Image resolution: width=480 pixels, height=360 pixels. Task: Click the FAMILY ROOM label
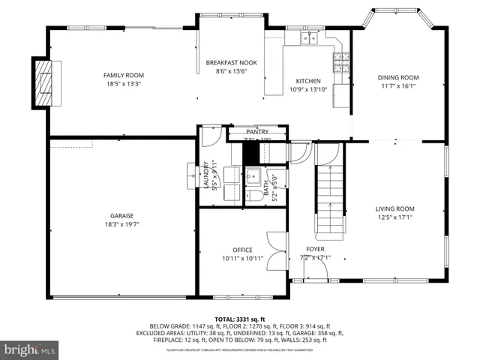click(x=123, y=75)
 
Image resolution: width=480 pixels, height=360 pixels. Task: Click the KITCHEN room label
click(x=307, y=81)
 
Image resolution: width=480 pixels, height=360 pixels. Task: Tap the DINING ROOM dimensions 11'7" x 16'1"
click(x=398, y=85)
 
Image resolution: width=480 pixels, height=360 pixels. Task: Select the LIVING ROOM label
click(x=394, y=209)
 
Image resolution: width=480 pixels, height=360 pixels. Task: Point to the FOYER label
click(x=315, y=250)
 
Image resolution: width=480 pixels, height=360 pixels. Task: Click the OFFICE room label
click(x=242, y=250)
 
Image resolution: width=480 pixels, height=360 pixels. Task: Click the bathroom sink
click(x=253, y=178)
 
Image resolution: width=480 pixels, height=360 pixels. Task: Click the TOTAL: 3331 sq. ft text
click(x=239, y=319)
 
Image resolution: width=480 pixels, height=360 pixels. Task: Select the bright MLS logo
click(x=30, y=349)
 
